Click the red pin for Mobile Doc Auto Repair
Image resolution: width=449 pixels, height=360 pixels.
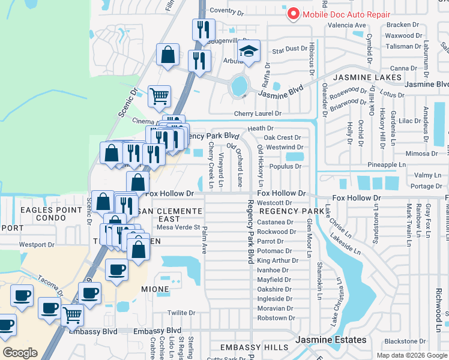tap(294, 13)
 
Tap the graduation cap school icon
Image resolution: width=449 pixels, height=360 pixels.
tap(248, 52)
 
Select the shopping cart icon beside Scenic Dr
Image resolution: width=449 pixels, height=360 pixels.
tap(159, 95)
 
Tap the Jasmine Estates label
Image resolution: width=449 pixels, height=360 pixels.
tap(331, 340)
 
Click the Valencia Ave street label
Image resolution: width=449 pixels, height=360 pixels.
tap(346, 25)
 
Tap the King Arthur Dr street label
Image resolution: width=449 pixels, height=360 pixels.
tap(277, 260)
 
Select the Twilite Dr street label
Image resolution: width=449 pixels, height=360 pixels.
tap(181, 313)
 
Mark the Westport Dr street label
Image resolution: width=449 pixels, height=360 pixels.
tap(37, 244)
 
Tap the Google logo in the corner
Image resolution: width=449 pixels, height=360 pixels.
tap(20, 352)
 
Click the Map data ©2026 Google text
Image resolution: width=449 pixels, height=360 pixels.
tap(411, 355)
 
